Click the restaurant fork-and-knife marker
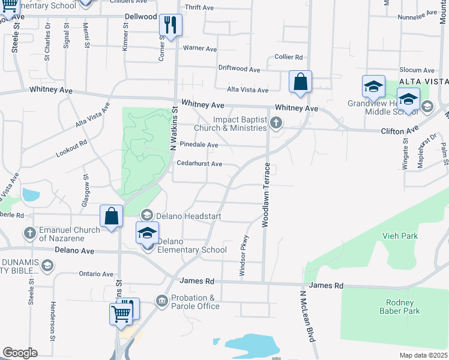[x=170, y=25]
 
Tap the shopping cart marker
[x=121, y=313]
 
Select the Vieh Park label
[x=400, y=236]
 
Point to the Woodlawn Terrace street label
[x=264, y=194]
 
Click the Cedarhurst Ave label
[x=199, y=164]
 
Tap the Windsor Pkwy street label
[x=244, y=256]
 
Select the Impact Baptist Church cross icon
[x=276, y=124]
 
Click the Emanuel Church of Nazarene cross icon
[x=29, y=232]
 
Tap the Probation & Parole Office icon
[x=161, y=300]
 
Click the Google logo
[x=20, y=353]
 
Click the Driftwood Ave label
[x=239, y=70]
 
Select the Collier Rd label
[x=288, y=57]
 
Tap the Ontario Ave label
[x=96, y=274]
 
